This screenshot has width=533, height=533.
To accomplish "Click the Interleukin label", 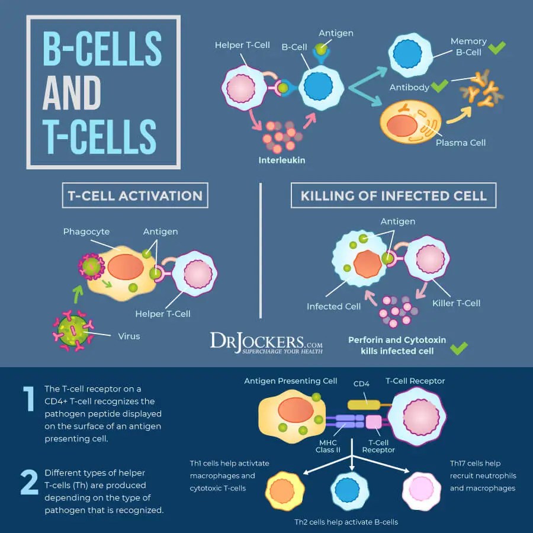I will (281, 160).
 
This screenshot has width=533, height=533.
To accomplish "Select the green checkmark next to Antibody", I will (439, 86).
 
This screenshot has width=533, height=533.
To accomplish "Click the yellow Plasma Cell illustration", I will (410, 123).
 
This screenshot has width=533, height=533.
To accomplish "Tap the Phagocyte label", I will (86, 232).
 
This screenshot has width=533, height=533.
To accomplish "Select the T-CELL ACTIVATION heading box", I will (135, 195).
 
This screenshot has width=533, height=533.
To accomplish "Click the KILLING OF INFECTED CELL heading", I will (393, 195).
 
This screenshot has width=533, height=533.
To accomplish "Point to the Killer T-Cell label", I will (456, 303).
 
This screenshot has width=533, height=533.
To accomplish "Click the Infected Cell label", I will (333, 306).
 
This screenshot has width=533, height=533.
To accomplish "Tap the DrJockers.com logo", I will (266, 343).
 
